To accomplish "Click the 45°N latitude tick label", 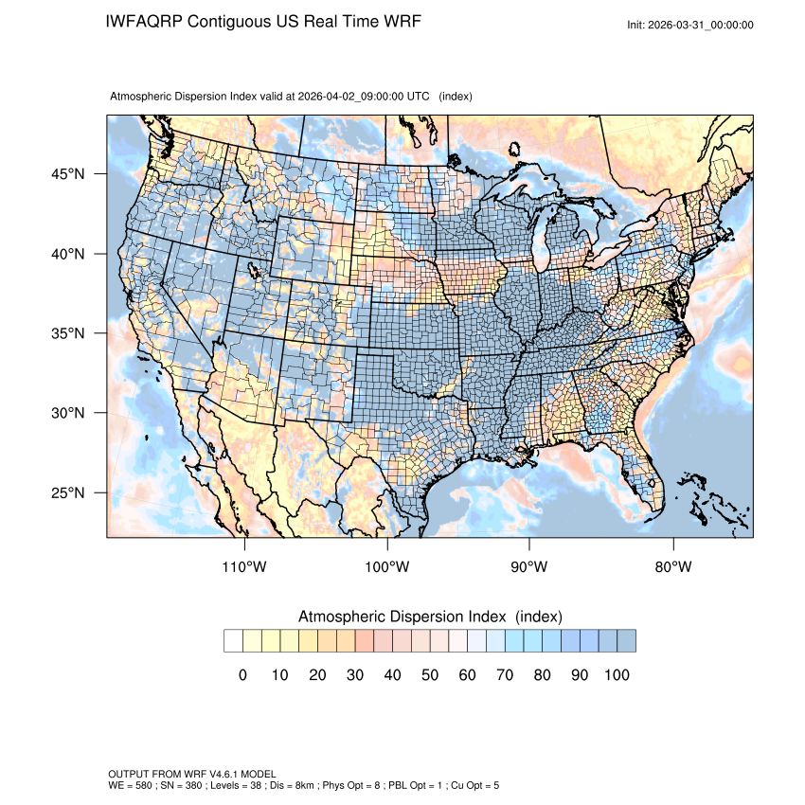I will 67,174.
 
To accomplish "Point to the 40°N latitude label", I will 67,254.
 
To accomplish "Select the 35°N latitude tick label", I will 67,333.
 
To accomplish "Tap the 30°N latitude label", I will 67,413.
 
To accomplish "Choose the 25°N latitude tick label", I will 67,492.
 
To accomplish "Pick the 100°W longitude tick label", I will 387,567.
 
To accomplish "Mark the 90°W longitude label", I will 529,567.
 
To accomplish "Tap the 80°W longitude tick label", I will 672,567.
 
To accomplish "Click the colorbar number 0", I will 242,675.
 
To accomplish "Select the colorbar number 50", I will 430,675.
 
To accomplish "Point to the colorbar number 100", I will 617,675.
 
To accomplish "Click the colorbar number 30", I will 355,675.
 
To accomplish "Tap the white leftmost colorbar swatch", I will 233,641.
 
